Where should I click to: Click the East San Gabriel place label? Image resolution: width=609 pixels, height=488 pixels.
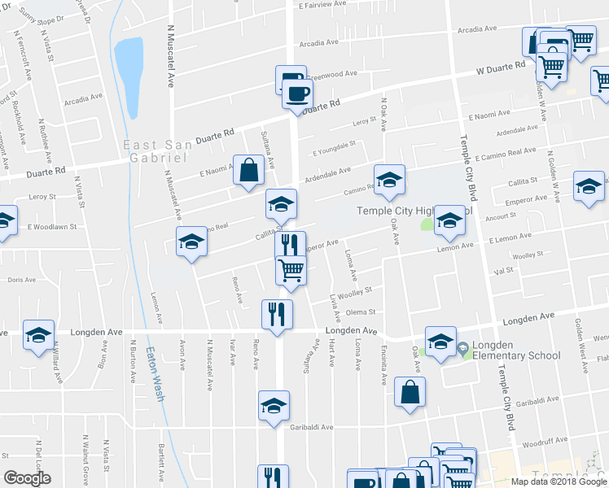170,145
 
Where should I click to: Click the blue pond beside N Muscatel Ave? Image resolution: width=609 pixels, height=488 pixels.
129,66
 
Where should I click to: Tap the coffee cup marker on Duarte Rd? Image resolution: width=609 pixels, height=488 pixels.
296,92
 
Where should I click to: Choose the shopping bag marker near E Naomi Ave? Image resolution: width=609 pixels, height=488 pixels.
249,170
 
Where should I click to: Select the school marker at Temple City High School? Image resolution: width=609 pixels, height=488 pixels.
449,219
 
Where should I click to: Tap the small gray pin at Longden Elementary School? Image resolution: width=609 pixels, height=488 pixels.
463,350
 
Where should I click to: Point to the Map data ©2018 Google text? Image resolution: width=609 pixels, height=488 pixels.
559,481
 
